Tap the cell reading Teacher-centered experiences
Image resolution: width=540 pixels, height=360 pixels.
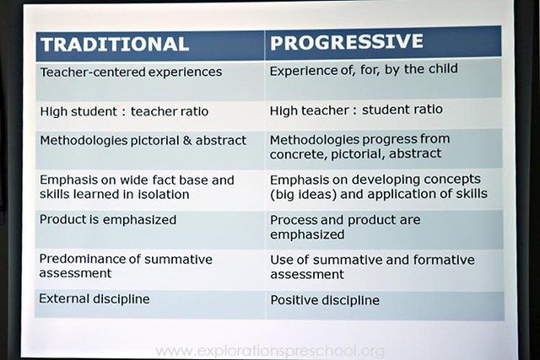click(131, 73)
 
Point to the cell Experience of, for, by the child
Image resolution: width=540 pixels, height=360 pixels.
click(364, 70)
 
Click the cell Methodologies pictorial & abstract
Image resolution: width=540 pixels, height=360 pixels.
click(143, 140)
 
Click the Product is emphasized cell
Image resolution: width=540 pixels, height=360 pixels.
click(108, 220)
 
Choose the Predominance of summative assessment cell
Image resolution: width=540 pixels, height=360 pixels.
click(127, 266)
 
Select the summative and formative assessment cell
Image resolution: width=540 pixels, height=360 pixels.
click(372, 266)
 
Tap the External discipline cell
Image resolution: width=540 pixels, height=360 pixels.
click(94, 298)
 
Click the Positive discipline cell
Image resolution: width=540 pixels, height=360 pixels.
click(325, 299)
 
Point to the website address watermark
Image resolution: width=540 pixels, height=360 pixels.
click(270, 350)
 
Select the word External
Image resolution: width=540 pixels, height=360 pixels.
click(64, 298)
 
